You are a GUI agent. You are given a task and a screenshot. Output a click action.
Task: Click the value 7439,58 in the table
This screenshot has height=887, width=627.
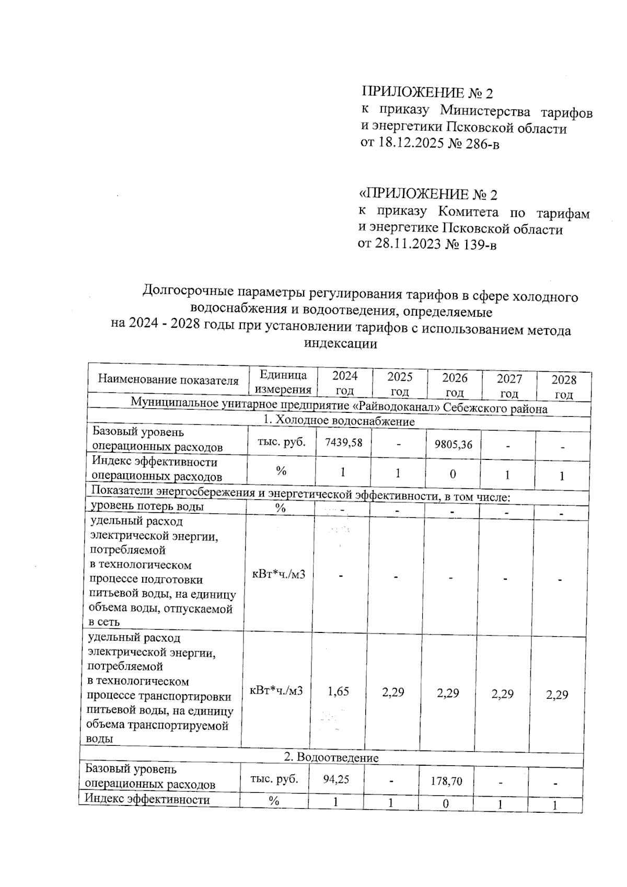point(343,443)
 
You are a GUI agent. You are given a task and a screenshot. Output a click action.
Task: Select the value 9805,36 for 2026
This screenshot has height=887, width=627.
point(453,444)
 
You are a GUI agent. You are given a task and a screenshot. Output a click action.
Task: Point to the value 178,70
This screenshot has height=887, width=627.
point(446,781)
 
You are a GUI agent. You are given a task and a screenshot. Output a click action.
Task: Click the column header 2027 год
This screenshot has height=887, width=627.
point(509,386)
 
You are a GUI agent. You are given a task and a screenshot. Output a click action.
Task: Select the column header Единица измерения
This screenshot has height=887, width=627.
point(283,382)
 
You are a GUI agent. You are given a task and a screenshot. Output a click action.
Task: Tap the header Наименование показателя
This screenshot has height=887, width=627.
point(168,380)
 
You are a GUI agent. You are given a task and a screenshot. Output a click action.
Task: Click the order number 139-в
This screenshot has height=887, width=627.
point(478,245)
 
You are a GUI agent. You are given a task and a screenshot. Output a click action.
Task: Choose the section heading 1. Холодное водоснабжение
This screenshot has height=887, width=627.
point(339,421)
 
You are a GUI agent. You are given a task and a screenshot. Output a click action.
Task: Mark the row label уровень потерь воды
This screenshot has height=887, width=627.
point(147,506)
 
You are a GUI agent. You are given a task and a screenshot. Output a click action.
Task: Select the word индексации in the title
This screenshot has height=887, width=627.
point(340,344)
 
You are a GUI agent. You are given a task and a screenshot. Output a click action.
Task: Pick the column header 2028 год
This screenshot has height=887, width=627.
point(564,387)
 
